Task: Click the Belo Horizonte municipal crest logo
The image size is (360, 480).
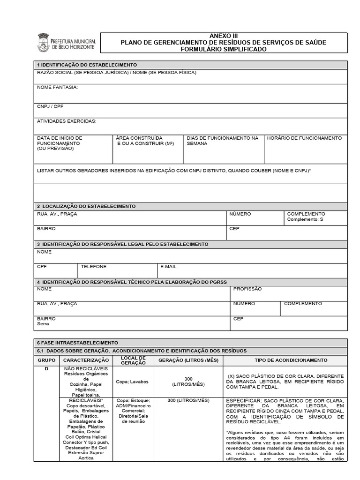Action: (43, 42)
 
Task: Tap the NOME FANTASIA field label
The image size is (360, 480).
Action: (57, 87)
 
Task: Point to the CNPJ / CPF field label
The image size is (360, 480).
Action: (50, 106)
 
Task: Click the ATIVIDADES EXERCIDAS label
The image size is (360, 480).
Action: (67, 121)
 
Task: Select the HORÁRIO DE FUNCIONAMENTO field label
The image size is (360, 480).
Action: (304, 138)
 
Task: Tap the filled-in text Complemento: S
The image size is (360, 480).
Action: (305, 219)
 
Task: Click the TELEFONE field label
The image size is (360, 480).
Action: (94, 266)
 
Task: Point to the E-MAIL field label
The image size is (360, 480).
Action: (168, 266)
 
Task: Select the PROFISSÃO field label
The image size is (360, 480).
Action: (247, 289)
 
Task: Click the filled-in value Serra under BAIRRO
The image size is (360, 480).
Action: (43, 324)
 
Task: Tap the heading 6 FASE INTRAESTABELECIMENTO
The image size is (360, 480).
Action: (78, 343)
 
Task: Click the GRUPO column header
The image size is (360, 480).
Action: (46, 360)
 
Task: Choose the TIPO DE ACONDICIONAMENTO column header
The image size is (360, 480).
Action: (285, 360)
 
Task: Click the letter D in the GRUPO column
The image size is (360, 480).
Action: (46, 369)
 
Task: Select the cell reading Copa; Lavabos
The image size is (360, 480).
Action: (132, 382)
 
